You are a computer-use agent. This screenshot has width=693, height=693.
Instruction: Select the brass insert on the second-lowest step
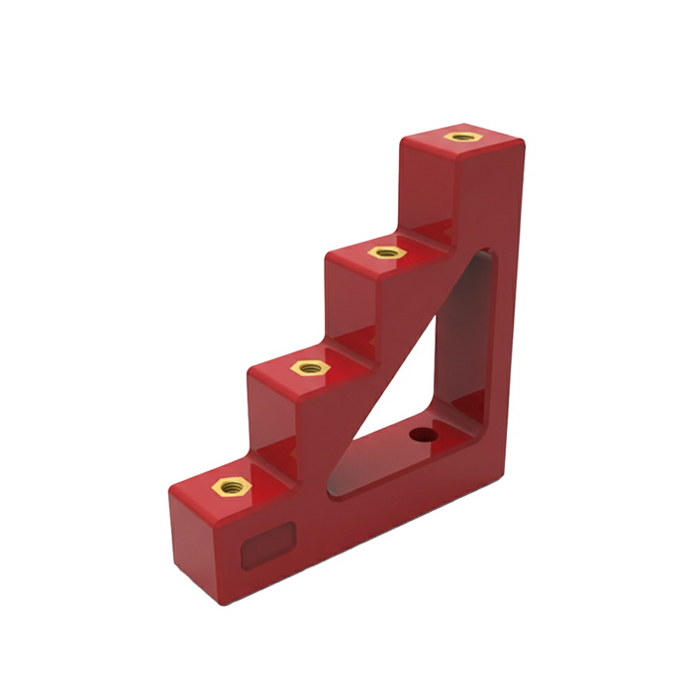(x=309, y=367)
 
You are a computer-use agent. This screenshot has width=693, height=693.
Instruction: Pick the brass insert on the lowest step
(x=233, y=485)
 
